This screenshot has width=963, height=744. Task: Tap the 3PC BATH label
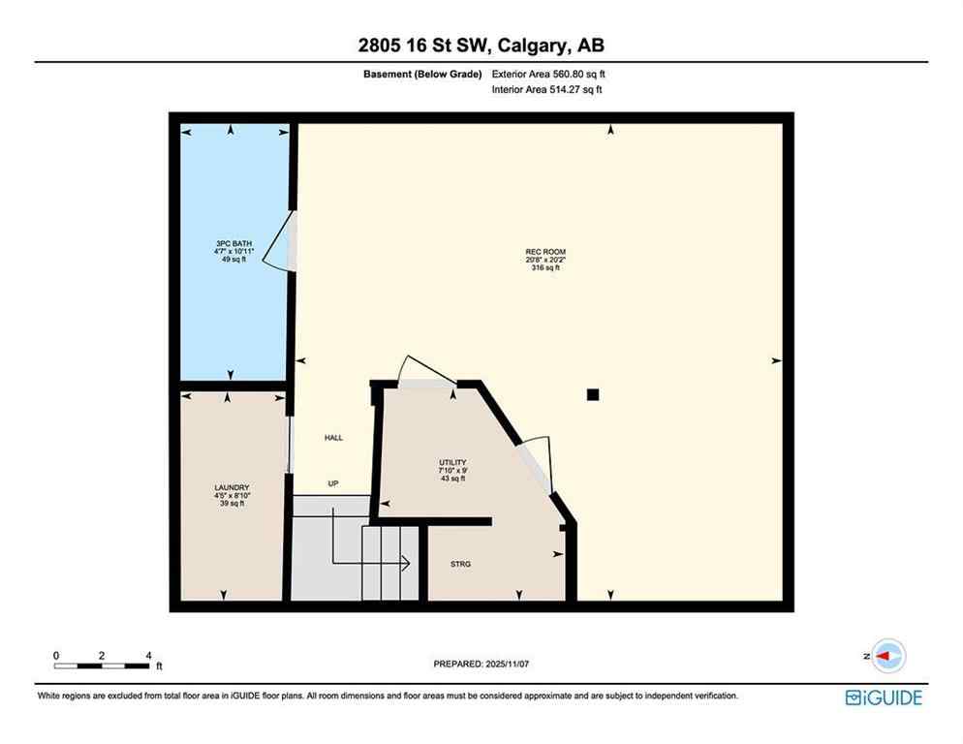point(229,243)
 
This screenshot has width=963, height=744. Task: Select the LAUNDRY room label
point(232,487)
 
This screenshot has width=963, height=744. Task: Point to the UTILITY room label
point(452,462)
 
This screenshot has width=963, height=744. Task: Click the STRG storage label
point(461,564)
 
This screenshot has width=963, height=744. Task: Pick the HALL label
point(333,438)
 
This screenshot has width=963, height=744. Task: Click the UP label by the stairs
point(333,482)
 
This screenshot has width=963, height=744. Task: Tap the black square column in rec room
point(593,394)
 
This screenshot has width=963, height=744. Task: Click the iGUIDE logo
point(884,697)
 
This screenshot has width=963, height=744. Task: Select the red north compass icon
point(886,656)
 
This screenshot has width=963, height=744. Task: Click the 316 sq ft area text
point(545,267)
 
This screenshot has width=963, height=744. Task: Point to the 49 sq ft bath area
point(229,260)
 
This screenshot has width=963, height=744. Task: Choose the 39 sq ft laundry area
point(232,504)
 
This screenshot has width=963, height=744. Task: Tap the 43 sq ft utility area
point(452,479)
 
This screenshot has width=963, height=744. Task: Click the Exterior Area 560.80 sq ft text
point(548,74)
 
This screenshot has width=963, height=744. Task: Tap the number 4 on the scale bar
point(148,655)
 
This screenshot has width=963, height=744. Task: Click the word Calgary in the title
point(534,45)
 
